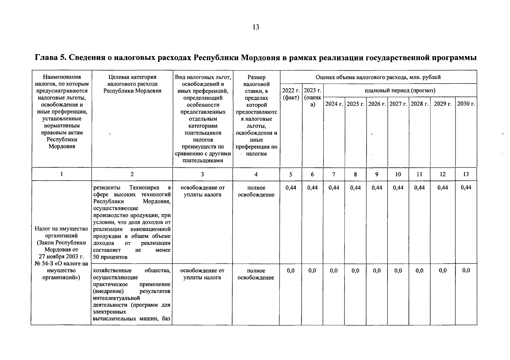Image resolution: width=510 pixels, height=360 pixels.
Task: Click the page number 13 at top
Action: pos(256,27)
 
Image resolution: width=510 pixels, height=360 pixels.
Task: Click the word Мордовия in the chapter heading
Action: pos(261,58)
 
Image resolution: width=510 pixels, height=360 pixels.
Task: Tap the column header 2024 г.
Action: pos(334,104)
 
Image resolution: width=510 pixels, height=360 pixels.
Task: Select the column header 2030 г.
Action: pos(466,104)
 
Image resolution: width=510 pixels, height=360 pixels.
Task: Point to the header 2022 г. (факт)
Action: pos(291,94)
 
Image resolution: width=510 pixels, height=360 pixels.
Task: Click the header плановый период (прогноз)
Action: pos(400,90)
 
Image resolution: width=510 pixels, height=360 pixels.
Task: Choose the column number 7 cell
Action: pos(334,174)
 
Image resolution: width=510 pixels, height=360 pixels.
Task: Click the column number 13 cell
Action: pos(466,174)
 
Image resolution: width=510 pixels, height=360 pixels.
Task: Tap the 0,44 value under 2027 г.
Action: pos(398,188)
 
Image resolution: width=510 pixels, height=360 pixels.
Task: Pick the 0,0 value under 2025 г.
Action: pos(355,271)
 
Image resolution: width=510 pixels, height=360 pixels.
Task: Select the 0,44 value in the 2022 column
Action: pos(291,188)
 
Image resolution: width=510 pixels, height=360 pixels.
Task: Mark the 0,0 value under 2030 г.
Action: pos(466,271)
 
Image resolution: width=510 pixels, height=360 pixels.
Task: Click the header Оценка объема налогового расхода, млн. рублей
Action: pos(378,77)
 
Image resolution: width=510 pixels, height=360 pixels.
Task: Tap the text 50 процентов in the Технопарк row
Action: pos(110,257)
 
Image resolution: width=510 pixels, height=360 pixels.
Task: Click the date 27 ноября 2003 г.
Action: pos(61,257)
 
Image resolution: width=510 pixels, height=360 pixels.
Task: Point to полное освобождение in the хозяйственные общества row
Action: pos(256,274)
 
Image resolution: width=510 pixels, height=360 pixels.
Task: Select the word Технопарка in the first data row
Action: pos(144,188)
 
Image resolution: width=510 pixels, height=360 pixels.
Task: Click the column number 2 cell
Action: pos(132,174)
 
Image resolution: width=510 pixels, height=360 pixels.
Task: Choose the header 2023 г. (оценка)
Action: pos(312,97)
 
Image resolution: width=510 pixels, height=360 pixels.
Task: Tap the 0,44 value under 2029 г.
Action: pos(442,188)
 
